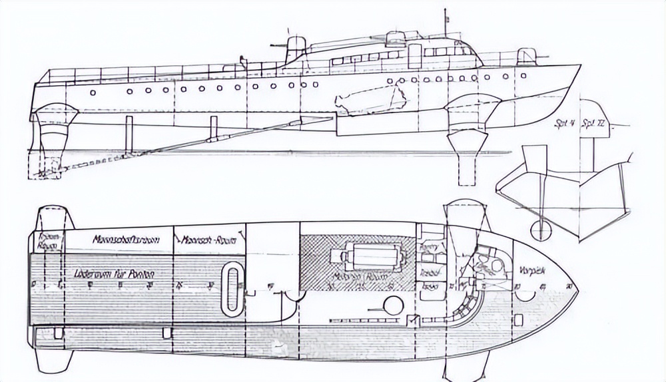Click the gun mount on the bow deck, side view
click(x=526, y=56)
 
